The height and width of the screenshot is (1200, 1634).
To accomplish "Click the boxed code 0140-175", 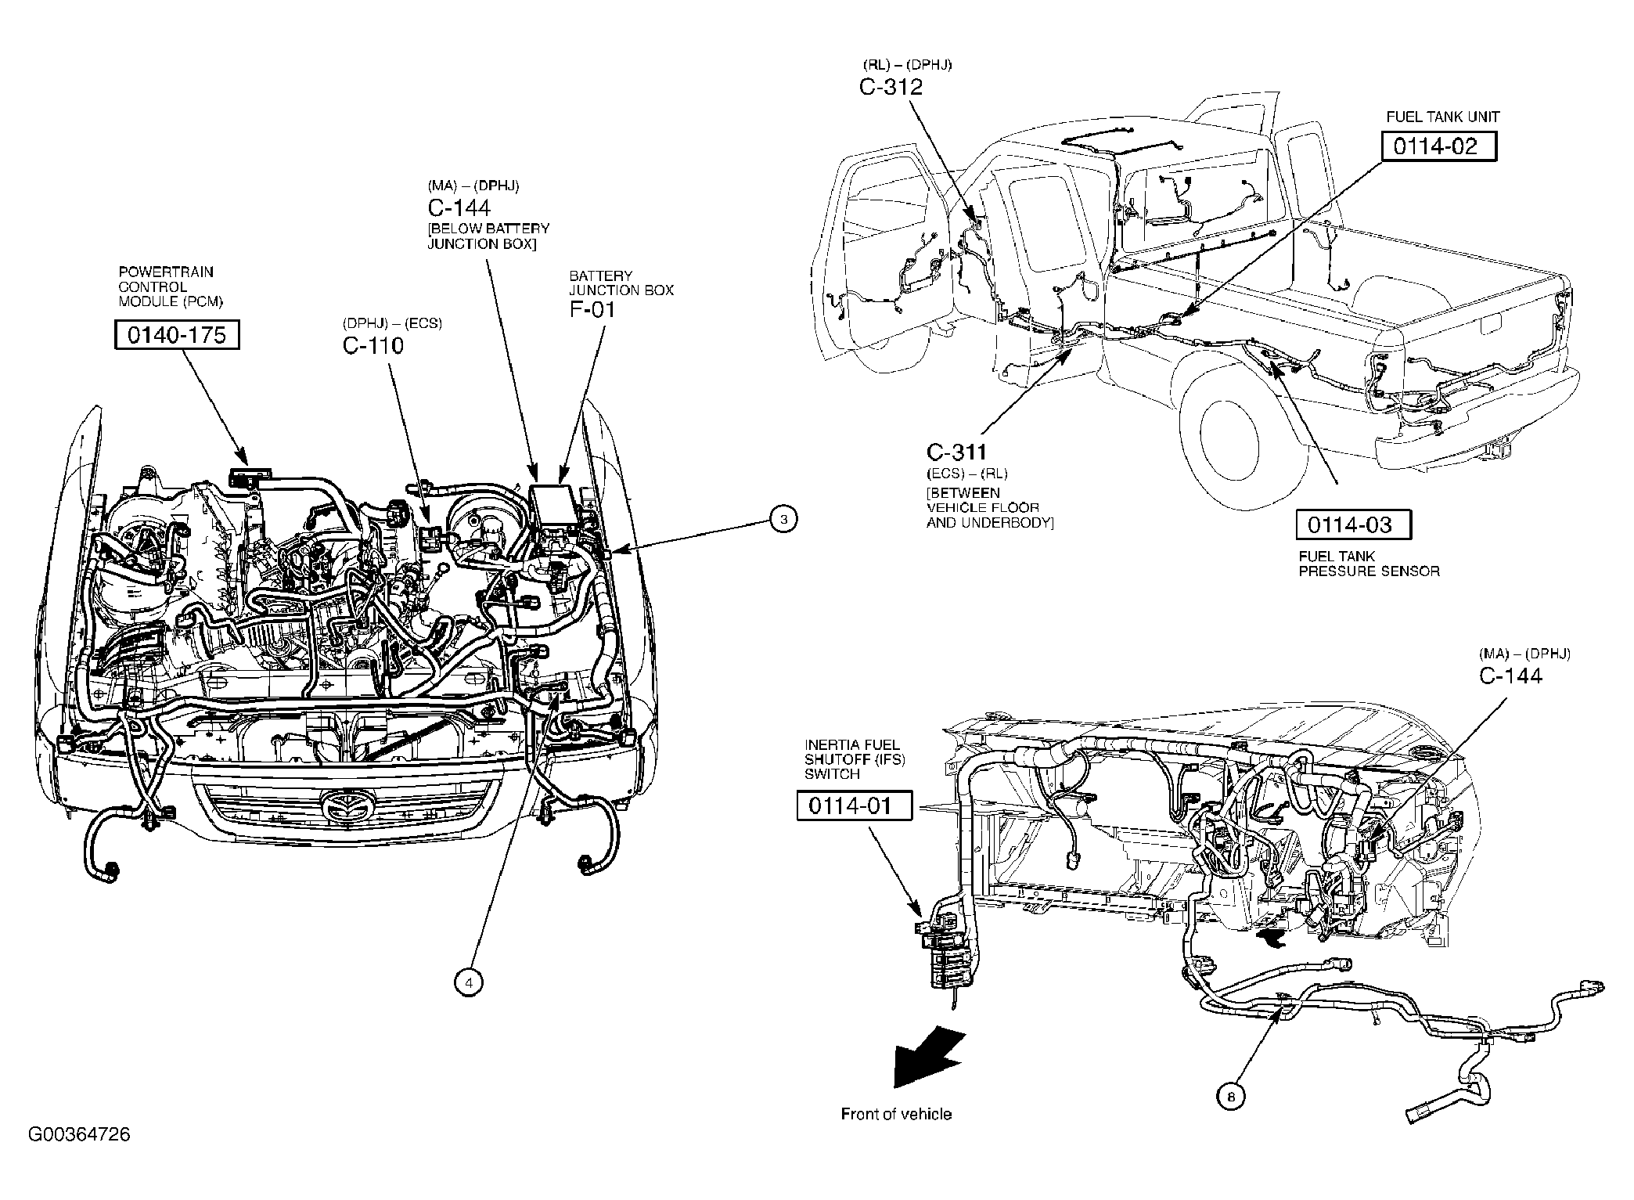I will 177,335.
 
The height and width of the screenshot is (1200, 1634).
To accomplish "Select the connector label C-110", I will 373,345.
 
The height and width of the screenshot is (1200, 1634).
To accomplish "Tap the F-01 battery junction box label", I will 592,309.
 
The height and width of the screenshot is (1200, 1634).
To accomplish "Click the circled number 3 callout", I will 783,519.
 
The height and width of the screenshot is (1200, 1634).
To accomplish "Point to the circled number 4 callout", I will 468,983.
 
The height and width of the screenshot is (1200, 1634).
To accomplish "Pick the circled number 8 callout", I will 1230,1097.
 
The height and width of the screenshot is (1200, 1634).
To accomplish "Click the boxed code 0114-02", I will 1438,146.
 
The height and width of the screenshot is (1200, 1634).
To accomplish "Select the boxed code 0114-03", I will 1353,524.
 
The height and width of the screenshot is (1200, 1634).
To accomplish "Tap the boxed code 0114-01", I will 854,805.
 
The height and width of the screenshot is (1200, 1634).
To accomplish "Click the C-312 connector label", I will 891,87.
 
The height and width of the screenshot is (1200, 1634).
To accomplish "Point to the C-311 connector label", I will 956,452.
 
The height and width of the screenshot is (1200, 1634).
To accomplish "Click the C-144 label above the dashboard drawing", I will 1510,676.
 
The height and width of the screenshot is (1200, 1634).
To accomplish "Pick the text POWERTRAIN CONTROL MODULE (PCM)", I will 165,286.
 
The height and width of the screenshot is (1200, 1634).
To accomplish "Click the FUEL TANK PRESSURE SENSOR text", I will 1369,564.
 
